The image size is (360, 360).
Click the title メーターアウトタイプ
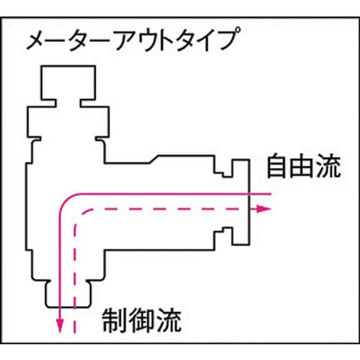click(132, 40)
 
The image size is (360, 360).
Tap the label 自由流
click(304, 166)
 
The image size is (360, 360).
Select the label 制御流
click(142, 321)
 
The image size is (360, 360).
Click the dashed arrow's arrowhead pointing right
click(264, 209)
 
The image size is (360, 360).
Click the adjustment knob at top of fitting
click(68, 83)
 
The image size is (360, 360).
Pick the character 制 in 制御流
click(114, 321)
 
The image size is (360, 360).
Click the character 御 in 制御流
click(142, 321)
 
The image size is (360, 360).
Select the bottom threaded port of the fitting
click(69, 294)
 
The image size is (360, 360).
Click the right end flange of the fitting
click(241, 202)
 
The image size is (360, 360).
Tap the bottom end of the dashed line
click(74, 333)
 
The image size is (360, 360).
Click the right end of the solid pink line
click(271, 193)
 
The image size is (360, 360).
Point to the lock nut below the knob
click(68, 122)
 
